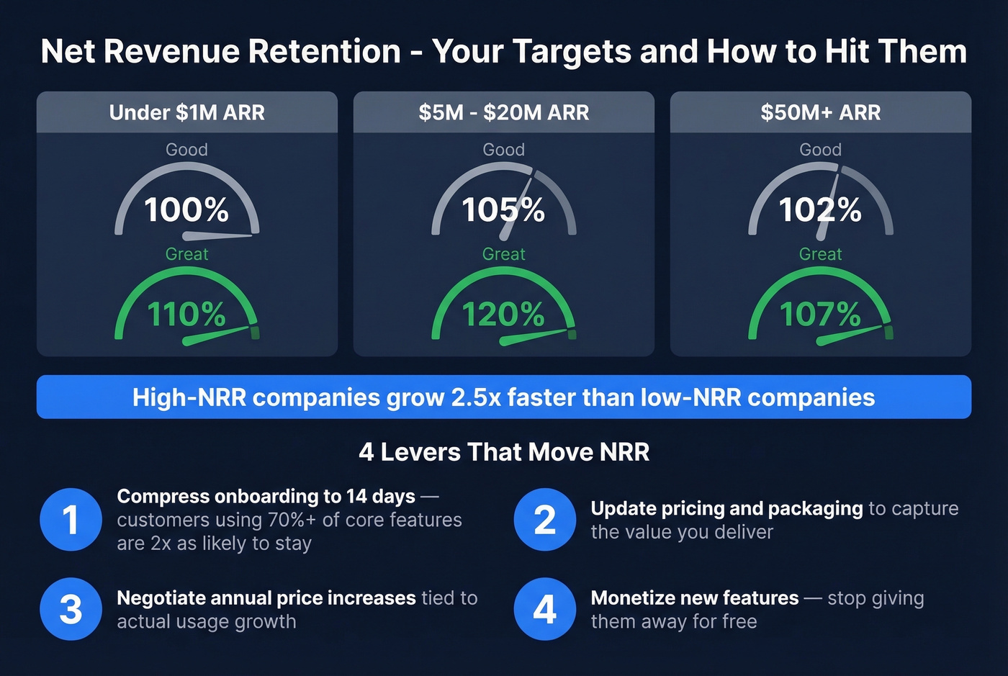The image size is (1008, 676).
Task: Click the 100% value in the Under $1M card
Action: pos(186,210)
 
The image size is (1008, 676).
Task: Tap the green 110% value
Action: pos(186,315)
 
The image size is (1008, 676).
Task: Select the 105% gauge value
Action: pos(503,210)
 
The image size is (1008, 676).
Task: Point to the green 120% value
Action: pos(503,315)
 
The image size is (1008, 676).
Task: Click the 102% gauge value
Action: pos(820,210)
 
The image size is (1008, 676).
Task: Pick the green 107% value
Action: pos(820,315)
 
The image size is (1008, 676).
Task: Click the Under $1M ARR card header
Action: pos(186,112)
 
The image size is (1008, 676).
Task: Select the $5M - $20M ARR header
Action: pos(503,112)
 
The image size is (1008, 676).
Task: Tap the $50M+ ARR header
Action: pos(820,112)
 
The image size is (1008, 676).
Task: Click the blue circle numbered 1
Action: pos(71,520)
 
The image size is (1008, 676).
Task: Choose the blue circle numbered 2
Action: pos(545,520)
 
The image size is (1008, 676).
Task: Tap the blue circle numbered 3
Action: pos(71,609)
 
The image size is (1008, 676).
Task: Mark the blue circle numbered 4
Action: pos(545,609)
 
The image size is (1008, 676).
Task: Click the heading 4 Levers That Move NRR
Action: pos(504,452)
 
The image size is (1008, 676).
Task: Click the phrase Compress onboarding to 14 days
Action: pos(266,497)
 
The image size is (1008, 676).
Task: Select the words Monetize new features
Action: pos(694,598)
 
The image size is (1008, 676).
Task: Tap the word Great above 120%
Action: pos(503,254)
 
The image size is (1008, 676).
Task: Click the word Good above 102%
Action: pos(820,150)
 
